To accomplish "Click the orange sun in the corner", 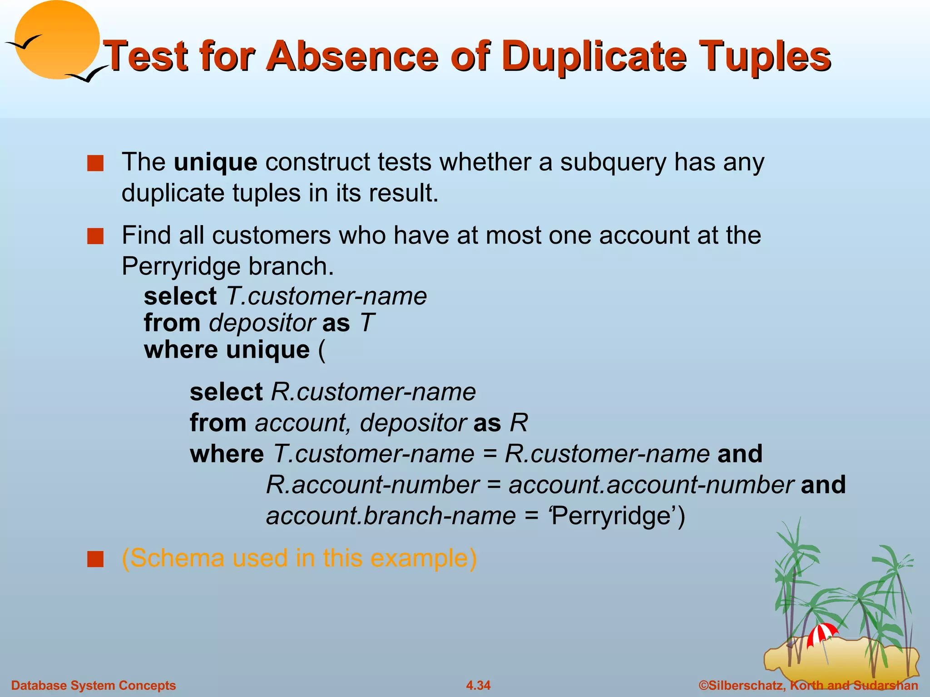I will (x=57, y=40).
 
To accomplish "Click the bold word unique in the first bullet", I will (x=215, y=162).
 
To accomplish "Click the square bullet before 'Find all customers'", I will (x=95, y=236).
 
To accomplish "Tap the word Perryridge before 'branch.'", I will (x=181, y=266).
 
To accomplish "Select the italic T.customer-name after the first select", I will (x=326, y=296).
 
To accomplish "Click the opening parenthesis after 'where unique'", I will (x=322, y=350).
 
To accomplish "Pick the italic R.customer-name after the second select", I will (x=373, y=392).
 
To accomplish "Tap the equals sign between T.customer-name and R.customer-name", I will (x=490, y=454).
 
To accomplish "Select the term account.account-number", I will (x=651, y=485).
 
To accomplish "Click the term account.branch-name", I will (x=391, y=516).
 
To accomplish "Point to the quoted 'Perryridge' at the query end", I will (x=613, y=516).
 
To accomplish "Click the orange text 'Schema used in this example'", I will (x=299, y=558).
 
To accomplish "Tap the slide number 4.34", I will (x=478, y=685).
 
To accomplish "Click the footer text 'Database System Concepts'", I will (x=94, y=685).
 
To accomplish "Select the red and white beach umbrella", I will (x=822, y=633).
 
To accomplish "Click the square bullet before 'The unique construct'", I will (x=95, y=163).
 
